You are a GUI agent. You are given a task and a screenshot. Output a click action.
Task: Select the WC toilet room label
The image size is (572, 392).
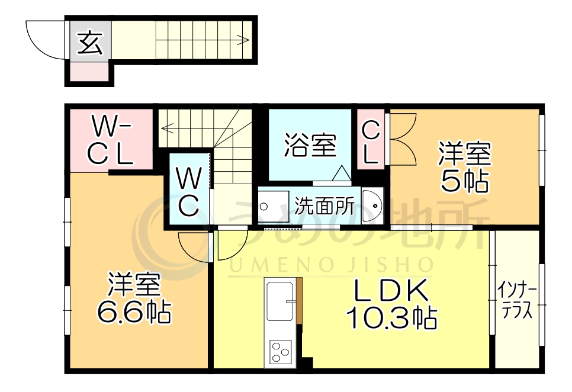pos(187,192)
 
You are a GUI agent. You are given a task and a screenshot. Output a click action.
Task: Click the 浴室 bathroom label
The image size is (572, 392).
pos(310,145)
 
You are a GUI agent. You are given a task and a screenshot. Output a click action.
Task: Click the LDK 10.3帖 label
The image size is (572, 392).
pos(391,303)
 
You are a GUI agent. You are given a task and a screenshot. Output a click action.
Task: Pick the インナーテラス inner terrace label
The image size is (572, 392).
pos(517,301)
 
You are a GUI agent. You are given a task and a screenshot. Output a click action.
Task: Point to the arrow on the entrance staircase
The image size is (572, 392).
pos(242,41)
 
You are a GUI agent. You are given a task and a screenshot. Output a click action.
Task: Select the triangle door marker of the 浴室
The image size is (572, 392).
pos(342,173)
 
